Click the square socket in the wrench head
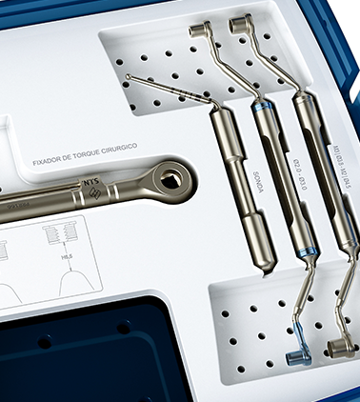(x=172, y=176)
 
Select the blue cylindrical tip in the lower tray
(x=296, y=358)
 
